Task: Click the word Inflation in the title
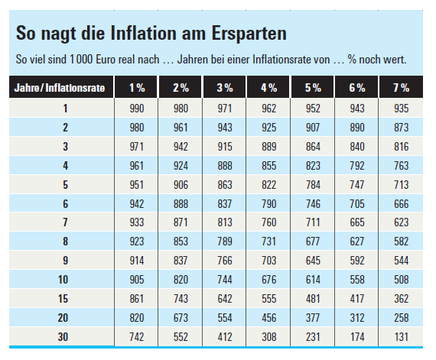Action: tap(144, 33)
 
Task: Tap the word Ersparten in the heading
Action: tap(249, 34)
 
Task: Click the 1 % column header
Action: tap(137, 88)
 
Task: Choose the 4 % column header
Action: tap(269, 88)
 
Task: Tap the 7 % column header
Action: tap(402, 88)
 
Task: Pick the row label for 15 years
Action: tap(63, 299)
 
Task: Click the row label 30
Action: tap(63, 337)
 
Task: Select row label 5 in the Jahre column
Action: tap(65, 185)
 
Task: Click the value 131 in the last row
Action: tap(402, 337)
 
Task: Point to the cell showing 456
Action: tap(269, 318)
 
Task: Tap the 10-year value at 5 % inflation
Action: tap(313, 280)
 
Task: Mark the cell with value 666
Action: tap(402, 204)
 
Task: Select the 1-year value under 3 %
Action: tap(225, 109)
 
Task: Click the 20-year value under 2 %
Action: tap(181, 318)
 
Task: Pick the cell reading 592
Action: tap(357, 261)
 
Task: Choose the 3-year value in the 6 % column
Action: tap(357, 147)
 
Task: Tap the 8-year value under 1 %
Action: tap(137, 242)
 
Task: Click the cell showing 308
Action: tap(269, 337)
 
